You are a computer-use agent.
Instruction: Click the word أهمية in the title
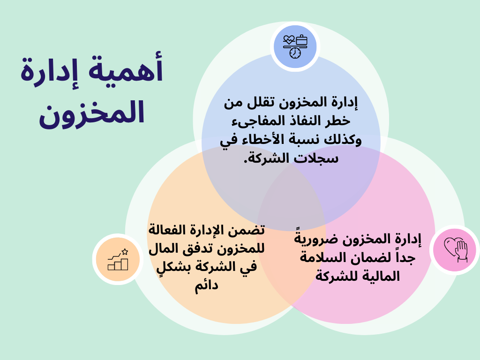pyautogui.click(x=126, y=68)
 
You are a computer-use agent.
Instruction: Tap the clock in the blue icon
pyautogui.click(x=295, y=53)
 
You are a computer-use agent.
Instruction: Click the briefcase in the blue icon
pyautogui.click(x=301, y=40)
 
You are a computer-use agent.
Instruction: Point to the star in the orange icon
pyautogui.click(x=125, y=252)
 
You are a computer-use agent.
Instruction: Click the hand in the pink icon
pyautogui.click(x=461, y=251)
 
